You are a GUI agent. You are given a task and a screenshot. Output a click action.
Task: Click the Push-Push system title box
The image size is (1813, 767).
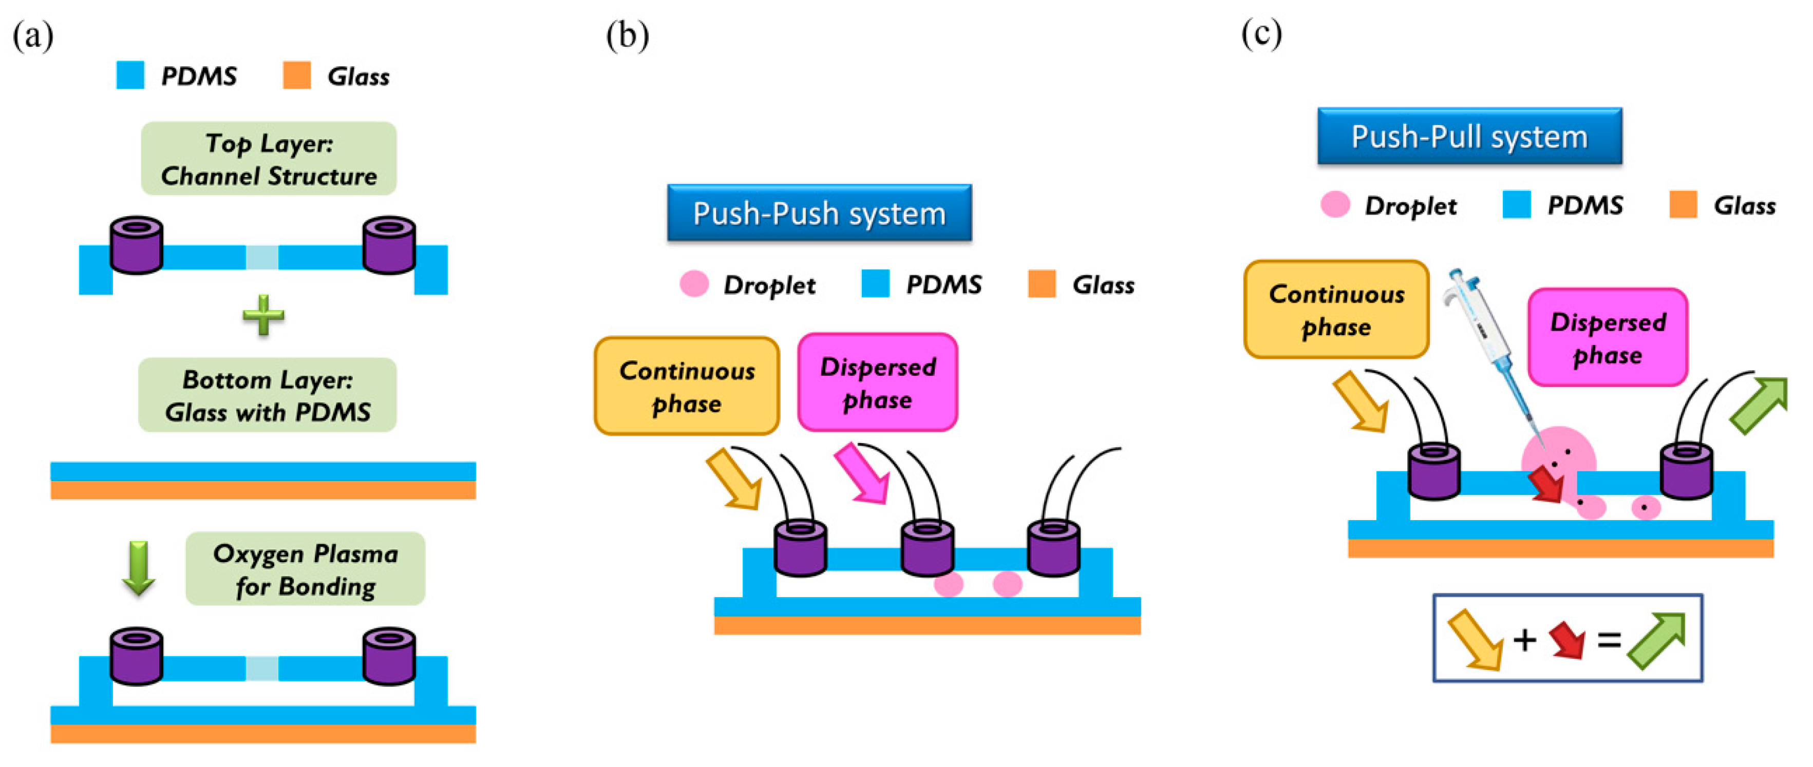pyautogui.click(x=819, y=213)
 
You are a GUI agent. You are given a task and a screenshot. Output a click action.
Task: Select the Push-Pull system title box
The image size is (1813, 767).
pyautogui.click(x=1469, y=136)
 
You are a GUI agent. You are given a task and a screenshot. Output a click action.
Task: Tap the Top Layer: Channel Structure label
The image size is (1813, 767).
pyautogui.click(x=269, y=159)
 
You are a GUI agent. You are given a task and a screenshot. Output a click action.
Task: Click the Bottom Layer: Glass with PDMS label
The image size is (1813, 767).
pyautogui.click(x=268, y=395)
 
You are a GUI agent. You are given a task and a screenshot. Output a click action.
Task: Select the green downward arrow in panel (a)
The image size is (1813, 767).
pyautogui.click(x=138, y=567)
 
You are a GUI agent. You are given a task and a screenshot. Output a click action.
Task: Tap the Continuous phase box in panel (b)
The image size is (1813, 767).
pyautogui.click(x=687, y=386)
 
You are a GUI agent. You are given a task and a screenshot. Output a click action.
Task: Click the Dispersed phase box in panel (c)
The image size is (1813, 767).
pyautogui.click(x=1608, y=338)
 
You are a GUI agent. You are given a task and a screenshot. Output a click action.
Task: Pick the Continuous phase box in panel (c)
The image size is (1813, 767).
pyautogui.click(x=1336, y=310)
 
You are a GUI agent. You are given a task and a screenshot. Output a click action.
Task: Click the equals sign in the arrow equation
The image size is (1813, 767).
pyautogui.click(x=1609, y=640)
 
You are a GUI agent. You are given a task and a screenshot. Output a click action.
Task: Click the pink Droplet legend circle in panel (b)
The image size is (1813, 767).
pyautogui.click(x=694, y=283)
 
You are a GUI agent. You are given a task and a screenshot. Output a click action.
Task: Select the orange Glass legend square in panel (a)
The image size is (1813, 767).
pyautogui.click(x=296, y=75)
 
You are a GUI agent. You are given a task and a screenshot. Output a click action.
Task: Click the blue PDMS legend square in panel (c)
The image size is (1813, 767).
pyautogui.click(x=1516, y=205)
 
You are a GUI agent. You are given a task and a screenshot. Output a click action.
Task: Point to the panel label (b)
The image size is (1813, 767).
pyautogui.click(x=627, y=35)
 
